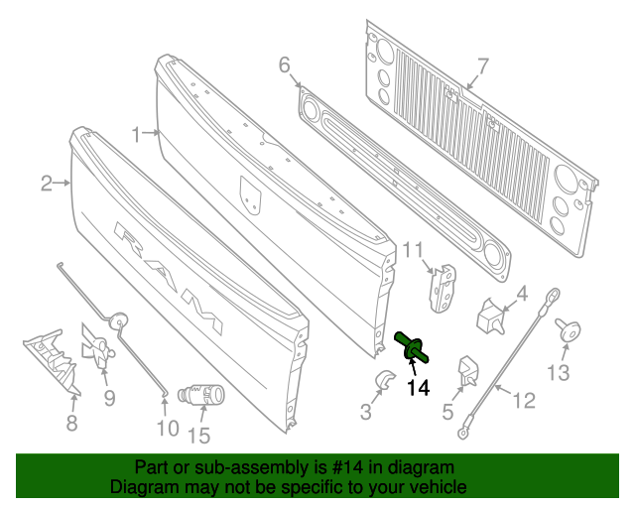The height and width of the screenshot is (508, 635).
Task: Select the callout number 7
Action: tap(483, 67)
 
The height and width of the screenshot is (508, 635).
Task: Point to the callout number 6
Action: tap(285, 65)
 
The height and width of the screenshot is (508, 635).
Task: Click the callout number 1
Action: tap(136, 131)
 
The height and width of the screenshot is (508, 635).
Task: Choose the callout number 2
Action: tap(46, 183)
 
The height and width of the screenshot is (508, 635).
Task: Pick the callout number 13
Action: tap(559, 373)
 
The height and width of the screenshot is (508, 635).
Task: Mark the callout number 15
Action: tap(198, 435)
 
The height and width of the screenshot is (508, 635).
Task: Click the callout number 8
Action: tap(71, 425)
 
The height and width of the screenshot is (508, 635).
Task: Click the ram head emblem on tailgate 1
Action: tap(251, 194)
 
